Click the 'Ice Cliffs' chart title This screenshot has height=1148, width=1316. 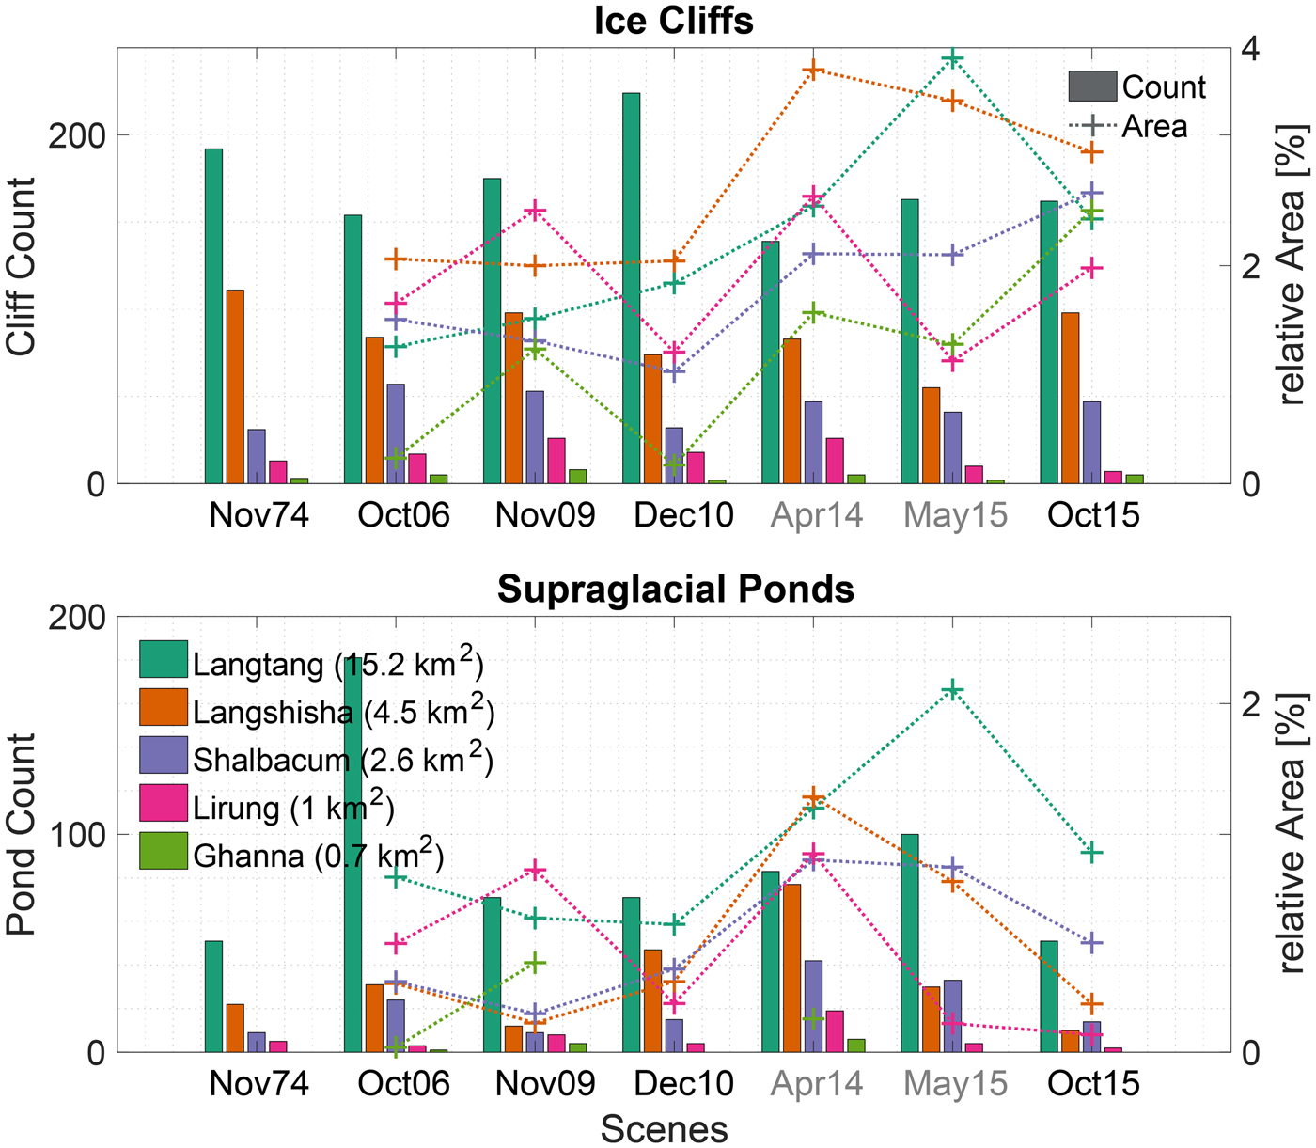click(673, 21)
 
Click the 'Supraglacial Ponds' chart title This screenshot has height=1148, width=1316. click(675, 590)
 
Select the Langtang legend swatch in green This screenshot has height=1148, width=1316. click(164, 659)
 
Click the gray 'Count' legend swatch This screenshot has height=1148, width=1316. click(1092, 86)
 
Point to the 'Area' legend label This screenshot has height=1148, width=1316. click(1154, 126)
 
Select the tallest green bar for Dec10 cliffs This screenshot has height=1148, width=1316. click(631, 288)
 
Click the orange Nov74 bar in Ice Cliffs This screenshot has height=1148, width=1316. click(235, 386)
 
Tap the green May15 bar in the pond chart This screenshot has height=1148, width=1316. click(910, 942)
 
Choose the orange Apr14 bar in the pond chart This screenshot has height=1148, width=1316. click(792, 967)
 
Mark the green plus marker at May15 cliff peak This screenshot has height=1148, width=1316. click(953, 59)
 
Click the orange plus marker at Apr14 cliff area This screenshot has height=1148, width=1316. click(814, 71)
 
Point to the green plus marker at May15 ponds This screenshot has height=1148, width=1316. click(953, 691)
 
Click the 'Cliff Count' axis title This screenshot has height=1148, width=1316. click(21, 267)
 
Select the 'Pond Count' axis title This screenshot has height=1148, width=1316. click(21, 835)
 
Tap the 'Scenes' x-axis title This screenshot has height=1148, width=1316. click(664, 1128)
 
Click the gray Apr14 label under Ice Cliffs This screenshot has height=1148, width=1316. click(817, 515)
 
